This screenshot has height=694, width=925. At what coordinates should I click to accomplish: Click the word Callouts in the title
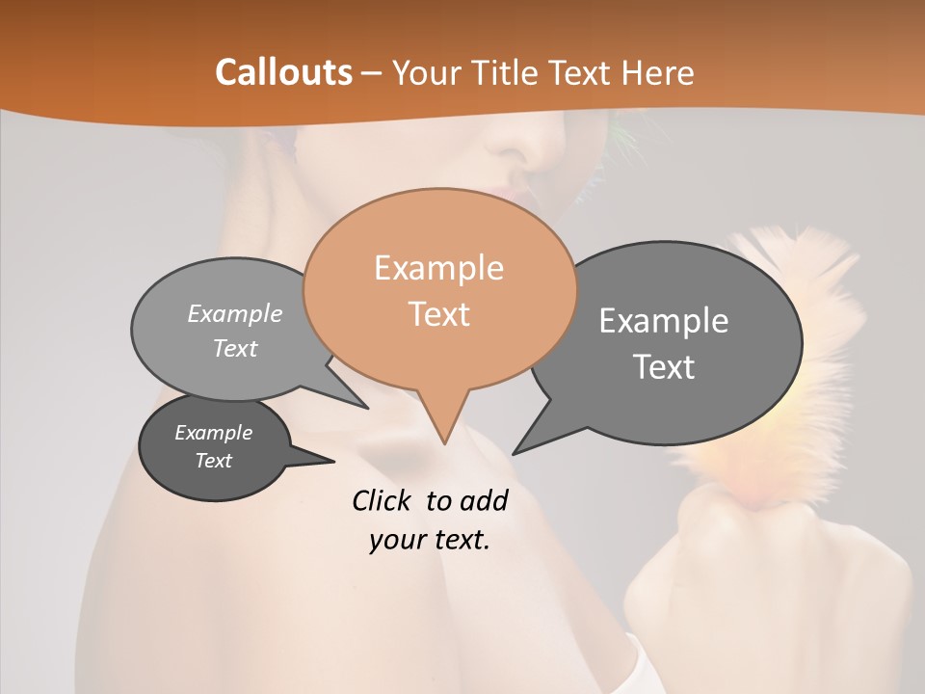pyautogui.click(x=283, y=72)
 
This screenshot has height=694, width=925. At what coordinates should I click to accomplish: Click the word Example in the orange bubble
pyautogui.click(x=438, y=268)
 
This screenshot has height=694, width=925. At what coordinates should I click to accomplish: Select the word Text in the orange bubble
pyautogui.click(x=439, y=314)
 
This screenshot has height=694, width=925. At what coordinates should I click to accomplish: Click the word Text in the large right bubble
pyautogui.click(x=664, y=367)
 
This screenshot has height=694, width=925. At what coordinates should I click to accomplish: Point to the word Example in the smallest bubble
pyautogui.click(x=213, y=433)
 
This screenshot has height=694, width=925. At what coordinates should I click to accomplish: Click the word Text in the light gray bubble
pyautogui.click(x=235, y=349)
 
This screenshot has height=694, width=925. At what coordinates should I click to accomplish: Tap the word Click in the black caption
pyautogui.click(x=383, y=500)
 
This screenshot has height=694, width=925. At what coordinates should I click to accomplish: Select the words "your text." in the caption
pyautogui.click(x=429, y=540)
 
